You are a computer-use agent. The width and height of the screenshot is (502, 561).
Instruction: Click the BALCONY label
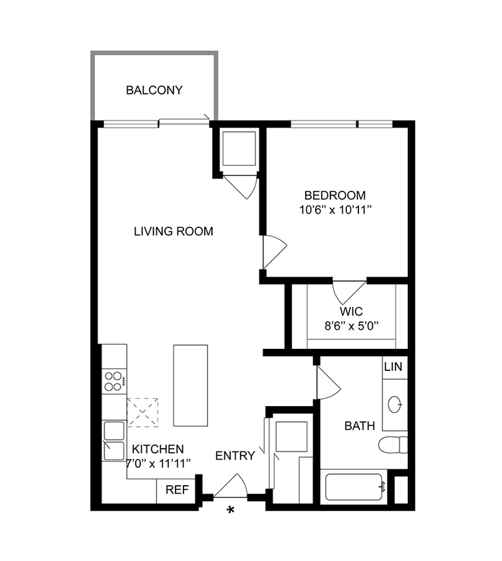tap(154, 90)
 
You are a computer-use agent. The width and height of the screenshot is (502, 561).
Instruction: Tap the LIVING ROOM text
tap(174, 231)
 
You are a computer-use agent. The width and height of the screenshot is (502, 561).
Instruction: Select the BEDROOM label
tap(335, 195)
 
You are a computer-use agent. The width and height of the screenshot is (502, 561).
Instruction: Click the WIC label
tap(350, 312)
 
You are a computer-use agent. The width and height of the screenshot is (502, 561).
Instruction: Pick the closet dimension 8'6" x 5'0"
tap(350, 326)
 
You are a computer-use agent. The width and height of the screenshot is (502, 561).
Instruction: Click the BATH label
tap(359, 426)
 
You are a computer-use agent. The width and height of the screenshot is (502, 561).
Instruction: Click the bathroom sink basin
tap(395, 403)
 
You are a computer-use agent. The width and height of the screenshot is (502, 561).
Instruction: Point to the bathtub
tap(354, 489)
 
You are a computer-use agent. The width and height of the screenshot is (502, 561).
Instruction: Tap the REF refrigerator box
tap(177, 491)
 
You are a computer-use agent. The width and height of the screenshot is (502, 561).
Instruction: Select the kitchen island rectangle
tap(191, 386)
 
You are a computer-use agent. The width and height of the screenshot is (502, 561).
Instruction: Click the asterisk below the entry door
tap(231, 510)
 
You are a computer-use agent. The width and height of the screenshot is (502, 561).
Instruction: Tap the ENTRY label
tap(235, 456)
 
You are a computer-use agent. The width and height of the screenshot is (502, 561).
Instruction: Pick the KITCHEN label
tap(158, 449)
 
